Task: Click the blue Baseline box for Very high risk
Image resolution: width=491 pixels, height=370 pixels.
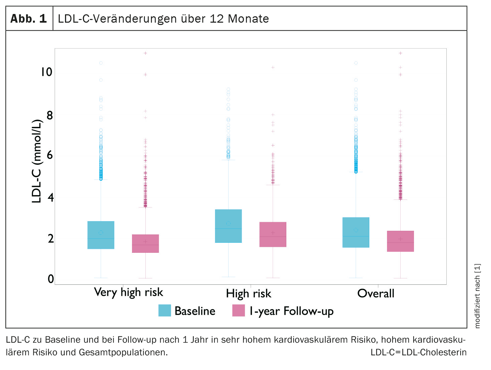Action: coord(101,235)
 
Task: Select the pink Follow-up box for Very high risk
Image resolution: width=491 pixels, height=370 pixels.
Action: coord(145,243)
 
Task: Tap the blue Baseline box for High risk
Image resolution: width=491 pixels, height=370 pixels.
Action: coord(228,226)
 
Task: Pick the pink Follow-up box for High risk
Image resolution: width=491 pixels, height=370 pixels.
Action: coord(273,234)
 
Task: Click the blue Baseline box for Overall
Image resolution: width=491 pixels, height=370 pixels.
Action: coord(356,232)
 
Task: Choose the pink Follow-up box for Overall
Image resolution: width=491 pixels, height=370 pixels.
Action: coord(400,241)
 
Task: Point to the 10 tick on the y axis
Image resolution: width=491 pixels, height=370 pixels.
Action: coord(47,72)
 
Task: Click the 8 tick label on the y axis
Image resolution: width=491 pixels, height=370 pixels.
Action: coord(50,115)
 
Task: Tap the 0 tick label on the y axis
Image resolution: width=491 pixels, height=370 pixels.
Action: coord(51,279)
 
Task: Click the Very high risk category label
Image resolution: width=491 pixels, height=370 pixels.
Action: coord(128,292)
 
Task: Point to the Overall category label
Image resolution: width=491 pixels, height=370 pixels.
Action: coord(376,293)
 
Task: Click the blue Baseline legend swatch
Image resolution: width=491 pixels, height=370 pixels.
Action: coord(165,310)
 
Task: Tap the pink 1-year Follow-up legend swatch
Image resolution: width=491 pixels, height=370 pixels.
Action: coord(239,310)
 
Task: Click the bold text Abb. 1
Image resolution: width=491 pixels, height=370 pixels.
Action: coord(29,19)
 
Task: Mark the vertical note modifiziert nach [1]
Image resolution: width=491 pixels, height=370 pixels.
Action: coord(477,296)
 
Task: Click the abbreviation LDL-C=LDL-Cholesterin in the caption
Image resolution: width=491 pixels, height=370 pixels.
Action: coord(418,352)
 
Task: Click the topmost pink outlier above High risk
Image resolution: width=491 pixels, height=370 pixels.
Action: coord(273,67)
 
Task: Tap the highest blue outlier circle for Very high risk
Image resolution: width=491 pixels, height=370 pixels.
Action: coord(101,63)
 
